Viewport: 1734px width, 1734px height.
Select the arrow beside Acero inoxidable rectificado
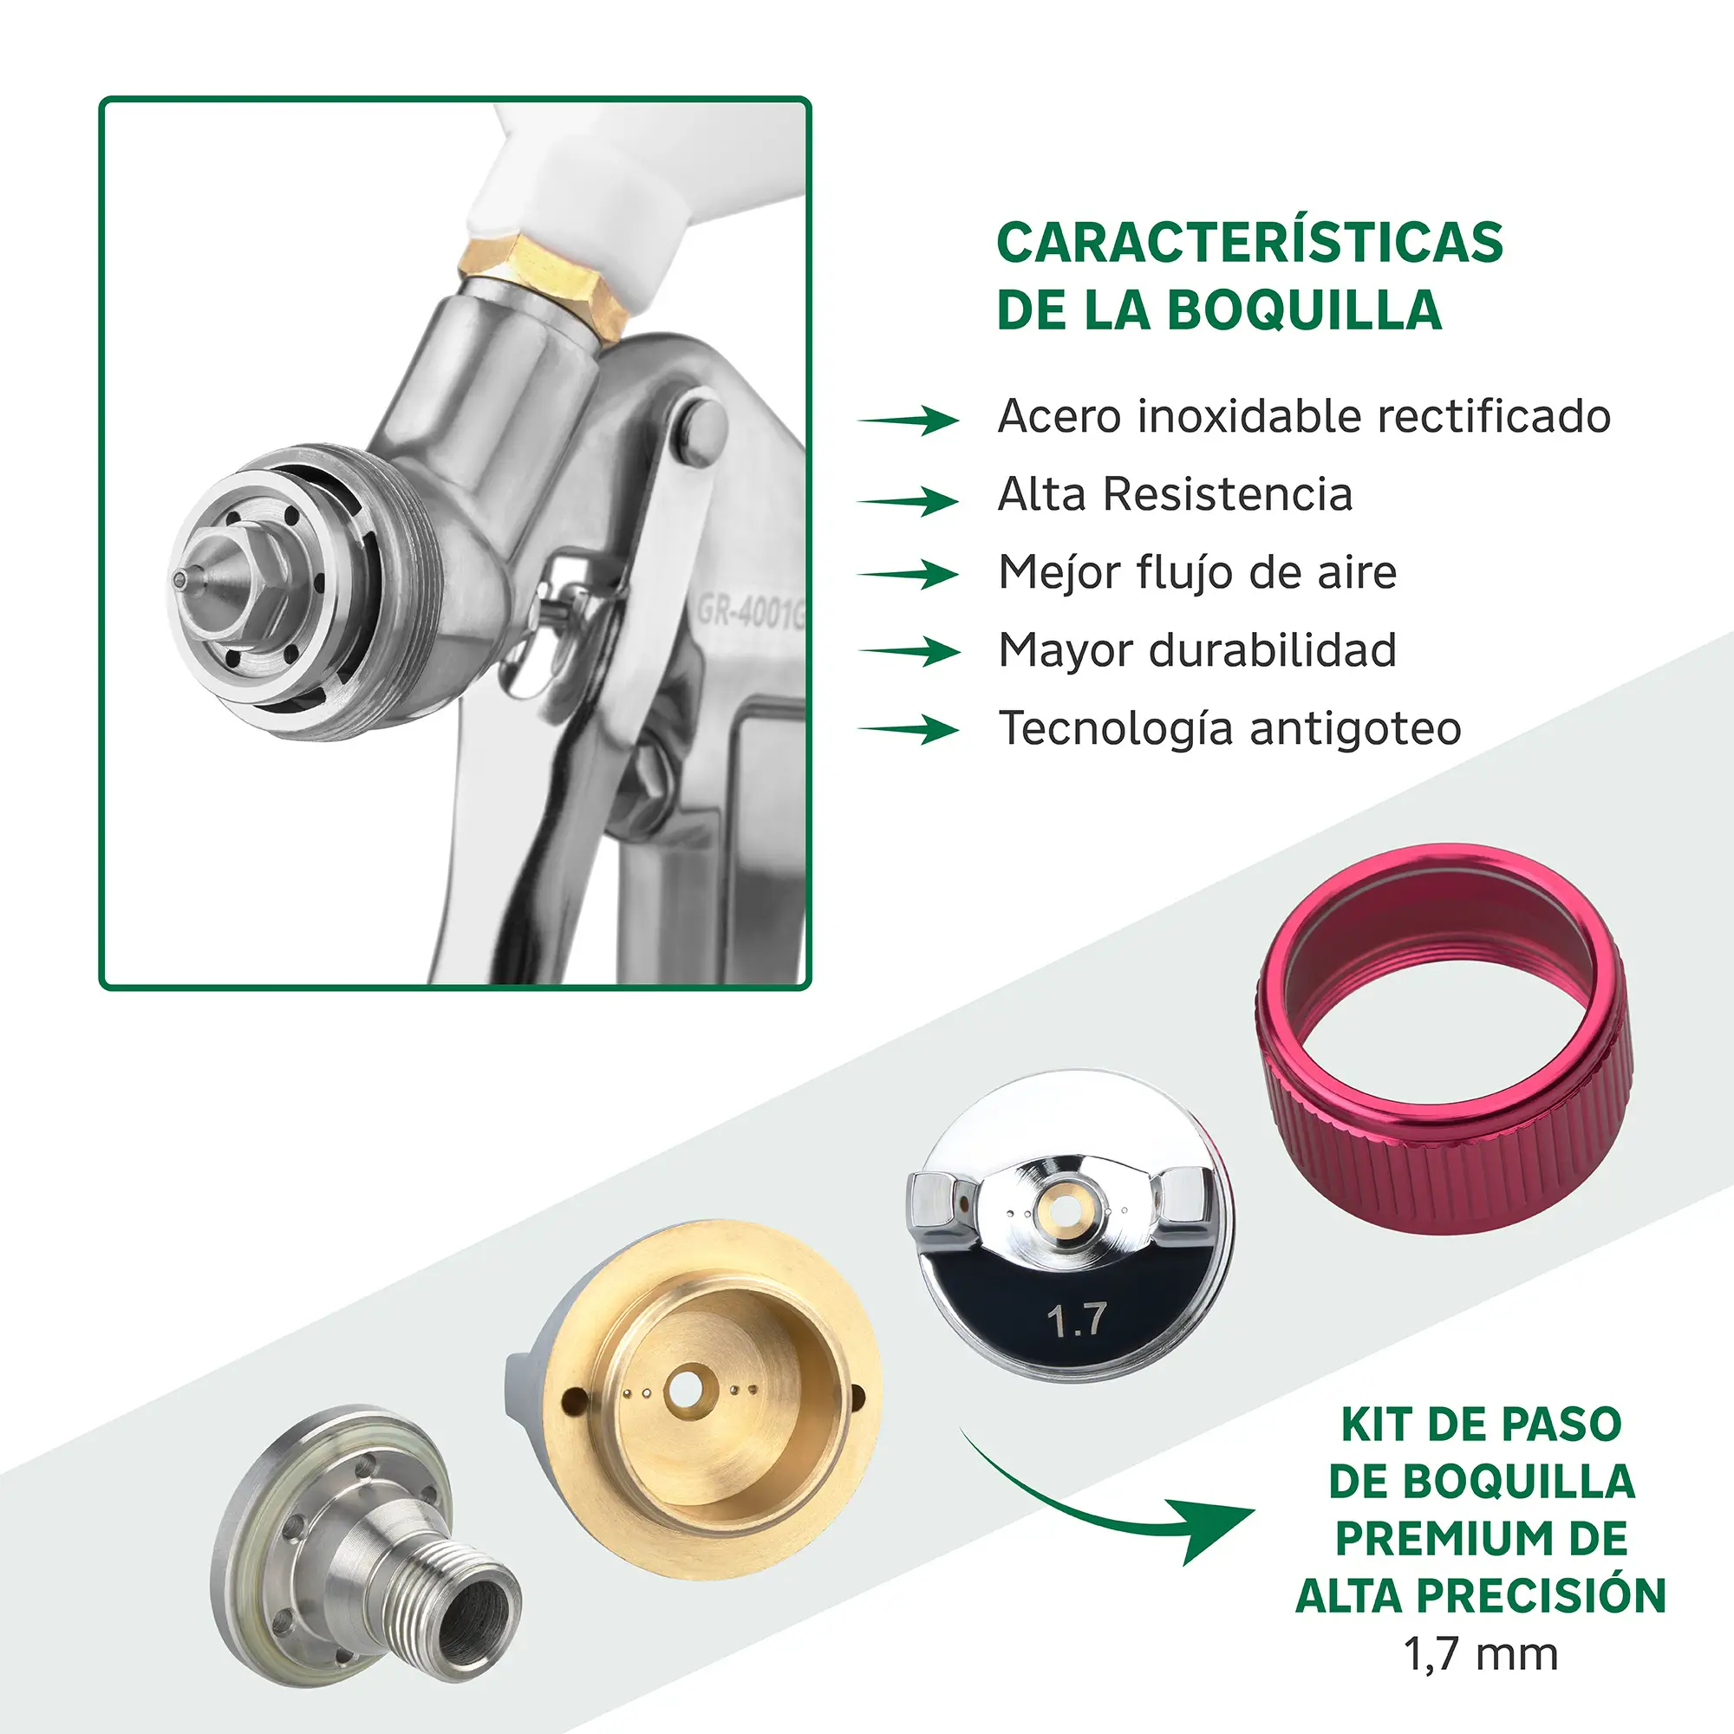coord(909,419)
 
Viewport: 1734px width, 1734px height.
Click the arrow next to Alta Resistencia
coord(909,501)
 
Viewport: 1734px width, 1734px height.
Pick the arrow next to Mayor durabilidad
coord(909,651)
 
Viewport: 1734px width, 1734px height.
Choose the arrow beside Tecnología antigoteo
coord(909,729)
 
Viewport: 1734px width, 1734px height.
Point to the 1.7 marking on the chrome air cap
coord(1076,1320)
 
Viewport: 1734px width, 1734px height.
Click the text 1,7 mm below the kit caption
coord(1481,1654)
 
